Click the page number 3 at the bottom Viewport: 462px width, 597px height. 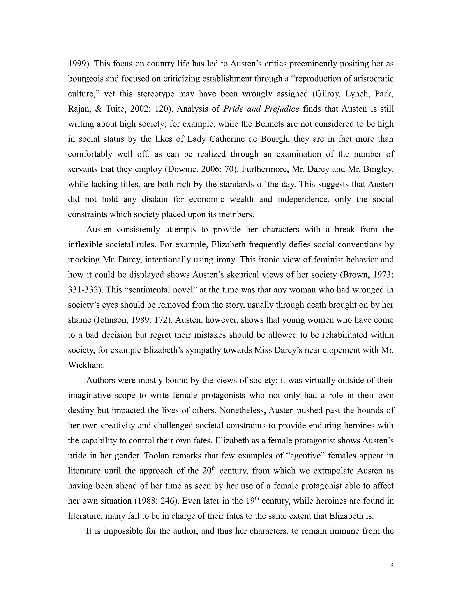392,566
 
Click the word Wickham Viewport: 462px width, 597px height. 86,365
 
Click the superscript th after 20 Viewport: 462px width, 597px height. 214,469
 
